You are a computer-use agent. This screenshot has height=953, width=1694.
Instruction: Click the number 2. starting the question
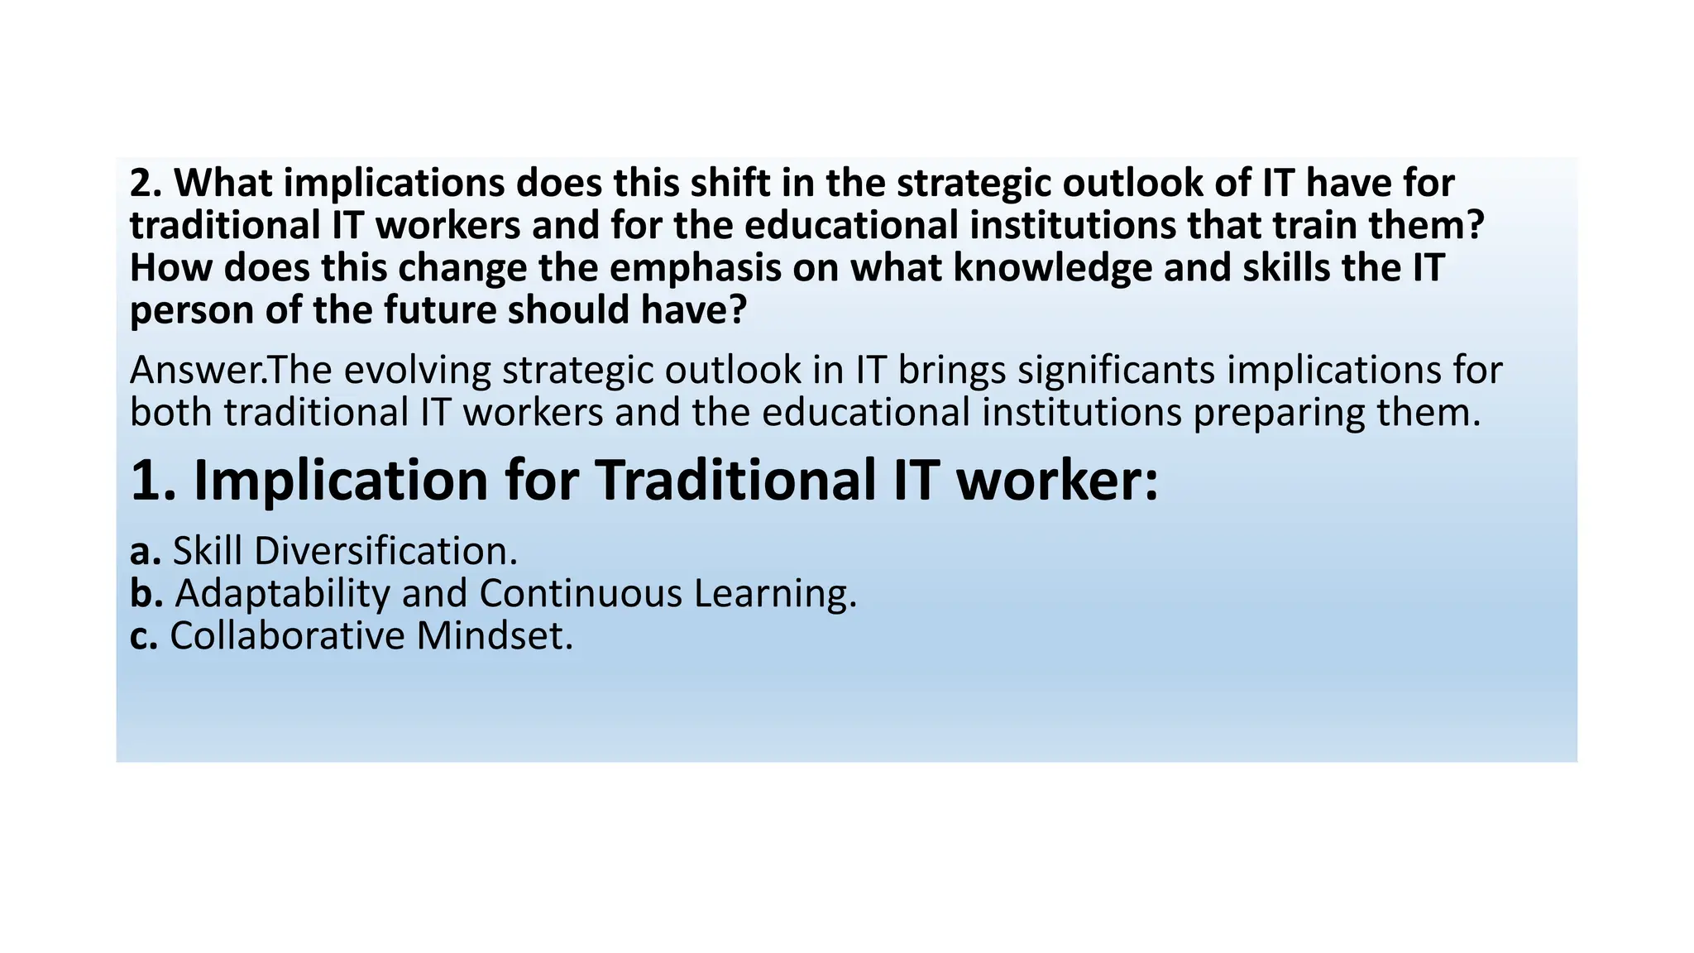pos(146,183)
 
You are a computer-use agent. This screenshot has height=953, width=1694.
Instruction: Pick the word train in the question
pos(1311,226)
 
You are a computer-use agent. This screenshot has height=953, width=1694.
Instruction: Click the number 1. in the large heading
pos(155,480)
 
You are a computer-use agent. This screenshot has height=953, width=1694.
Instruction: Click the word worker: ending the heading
pos(1057,480)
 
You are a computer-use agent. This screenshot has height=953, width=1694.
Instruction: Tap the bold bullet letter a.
pos(145,551)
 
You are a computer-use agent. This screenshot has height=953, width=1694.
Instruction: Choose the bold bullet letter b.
pos(146,593)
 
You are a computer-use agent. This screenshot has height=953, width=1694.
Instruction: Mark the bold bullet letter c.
pos(143,636)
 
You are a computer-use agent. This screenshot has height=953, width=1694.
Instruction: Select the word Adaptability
pos(282,594)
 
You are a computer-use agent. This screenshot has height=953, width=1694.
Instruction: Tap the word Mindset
pos(495,636)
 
